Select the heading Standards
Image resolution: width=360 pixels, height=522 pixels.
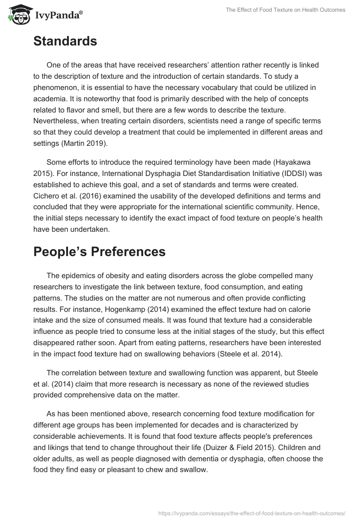(x=65, y=41)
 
